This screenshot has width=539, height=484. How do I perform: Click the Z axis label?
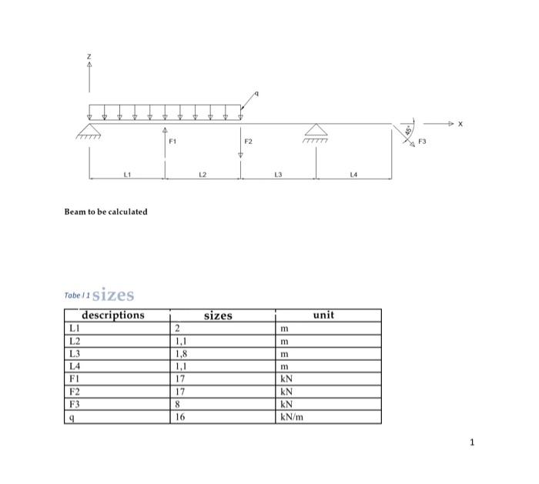89,56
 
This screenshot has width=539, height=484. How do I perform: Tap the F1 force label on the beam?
172,142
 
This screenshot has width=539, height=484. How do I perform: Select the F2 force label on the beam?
248,142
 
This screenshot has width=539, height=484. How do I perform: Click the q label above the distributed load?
257,93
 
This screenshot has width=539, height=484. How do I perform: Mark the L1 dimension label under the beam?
127,175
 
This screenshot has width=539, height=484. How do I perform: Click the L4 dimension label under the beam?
353,175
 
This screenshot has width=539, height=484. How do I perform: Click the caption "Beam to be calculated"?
105,212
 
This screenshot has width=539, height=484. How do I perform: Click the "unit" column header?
324,315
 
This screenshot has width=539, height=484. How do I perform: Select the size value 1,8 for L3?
181,354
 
